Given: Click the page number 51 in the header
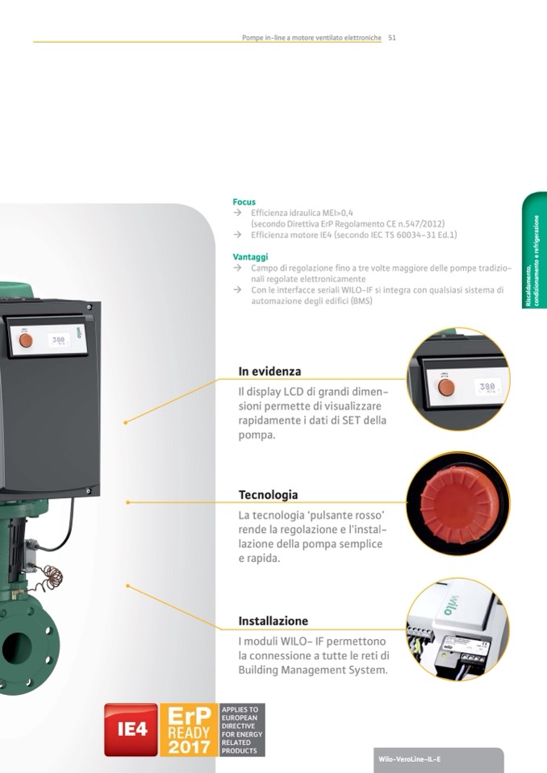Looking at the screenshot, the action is (x=392, y=37).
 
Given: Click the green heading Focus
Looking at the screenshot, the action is (x=244, y=202).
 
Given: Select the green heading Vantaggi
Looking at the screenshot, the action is (x=251, y=257).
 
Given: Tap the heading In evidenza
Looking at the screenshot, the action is (x=269, y=372).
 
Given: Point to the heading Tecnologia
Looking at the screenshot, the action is (x=269, y=494).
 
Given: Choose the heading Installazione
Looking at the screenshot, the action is (x=273, y=621).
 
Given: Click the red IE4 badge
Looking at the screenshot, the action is (x=132, y=729).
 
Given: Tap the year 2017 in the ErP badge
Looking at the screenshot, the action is (x=189, y=746).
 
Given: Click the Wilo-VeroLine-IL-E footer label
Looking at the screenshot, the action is (x=409, y=759).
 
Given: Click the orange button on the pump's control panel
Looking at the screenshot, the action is (x=26, y=340).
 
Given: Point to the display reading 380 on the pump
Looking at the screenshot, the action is (x=59, y=339).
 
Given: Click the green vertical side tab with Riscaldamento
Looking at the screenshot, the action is (x=535, y=251).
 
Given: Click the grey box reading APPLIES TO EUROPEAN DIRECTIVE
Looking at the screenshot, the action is (x=242, y=729).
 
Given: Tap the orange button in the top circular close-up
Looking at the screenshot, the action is (x=446, y=388).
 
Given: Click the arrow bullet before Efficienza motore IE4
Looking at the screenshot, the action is (x=238, y=235).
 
